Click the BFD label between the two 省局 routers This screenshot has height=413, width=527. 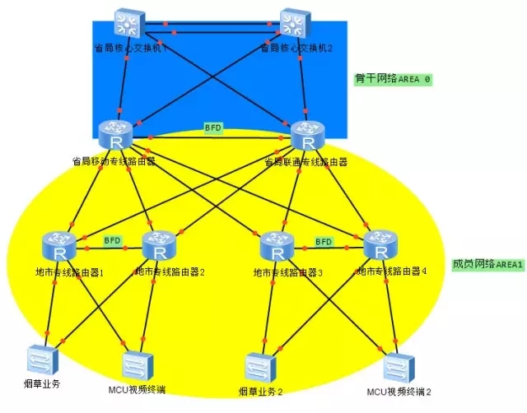coord(213,128)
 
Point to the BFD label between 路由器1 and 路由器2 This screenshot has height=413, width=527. coord(111,240)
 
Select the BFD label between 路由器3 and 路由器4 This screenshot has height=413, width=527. coord(324,242)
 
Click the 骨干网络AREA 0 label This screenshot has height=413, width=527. coord(393,79)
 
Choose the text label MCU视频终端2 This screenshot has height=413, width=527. coord(399,392)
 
